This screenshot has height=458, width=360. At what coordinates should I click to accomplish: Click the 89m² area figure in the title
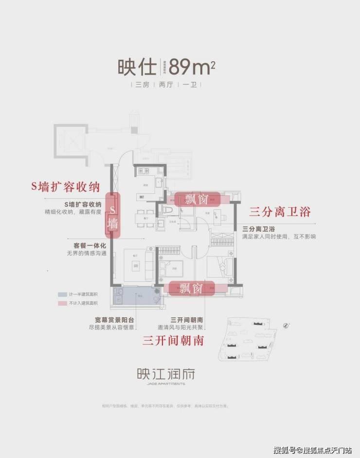coord(193,67)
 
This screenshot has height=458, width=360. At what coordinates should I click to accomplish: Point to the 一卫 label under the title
coord(189,85)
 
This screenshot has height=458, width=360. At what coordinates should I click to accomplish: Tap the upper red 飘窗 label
coord(197,200)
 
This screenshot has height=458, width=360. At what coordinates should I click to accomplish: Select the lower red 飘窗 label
coord(190,288)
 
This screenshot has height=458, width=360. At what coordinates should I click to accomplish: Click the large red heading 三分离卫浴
coord(279,212)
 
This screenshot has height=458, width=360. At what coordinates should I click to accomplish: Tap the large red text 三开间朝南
coord(173,340)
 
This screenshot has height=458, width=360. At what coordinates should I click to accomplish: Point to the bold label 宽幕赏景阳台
coord(114,320)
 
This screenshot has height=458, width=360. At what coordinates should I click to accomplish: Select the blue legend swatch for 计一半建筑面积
coord(62,295)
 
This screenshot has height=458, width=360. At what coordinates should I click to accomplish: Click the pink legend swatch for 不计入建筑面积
coord(62,303)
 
